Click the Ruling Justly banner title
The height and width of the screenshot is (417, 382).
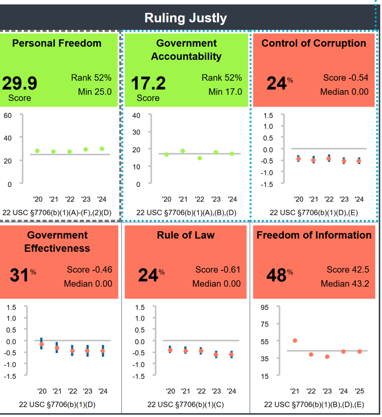coord(186,18)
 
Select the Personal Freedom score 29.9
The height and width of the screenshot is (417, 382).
coord(20,83)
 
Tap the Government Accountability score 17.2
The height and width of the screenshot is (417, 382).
coord(148,83)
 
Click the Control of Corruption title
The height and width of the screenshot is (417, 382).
coord(314,43)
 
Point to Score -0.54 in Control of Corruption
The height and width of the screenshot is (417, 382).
coord(346,78)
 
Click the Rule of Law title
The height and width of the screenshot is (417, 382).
coord(186,235)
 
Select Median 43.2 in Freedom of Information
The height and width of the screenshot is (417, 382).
coord(345,283)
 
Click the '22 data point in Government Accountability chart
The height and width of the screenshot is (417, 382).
coord(200,158)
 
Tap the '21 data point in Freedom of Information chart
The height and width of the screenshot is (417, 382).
coord(295,340)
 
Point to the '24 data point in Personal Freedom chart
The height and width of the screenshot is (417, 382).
coord(102,149)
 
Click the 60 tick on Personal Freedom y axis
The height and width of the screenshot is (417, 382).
coord(8,115)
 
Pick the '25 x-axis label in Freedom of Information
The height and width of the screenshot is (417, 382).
coord(359,391)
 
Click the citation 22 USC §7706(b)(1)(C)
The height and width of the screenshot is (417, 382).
coord(186,404)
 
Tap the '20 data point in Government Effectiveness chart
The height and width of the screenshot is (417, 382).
coord(42,344)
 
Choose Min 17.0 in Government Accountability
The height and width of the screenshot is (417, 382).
coord(225,92)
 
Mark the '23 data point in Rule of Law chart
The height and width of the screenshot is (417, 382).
coord(216,354)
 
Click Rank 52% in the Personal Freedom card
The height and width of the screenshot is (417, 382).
coord(91,78)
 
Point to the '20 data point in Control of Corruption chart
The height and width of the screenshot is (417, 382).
coord(299,159)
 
